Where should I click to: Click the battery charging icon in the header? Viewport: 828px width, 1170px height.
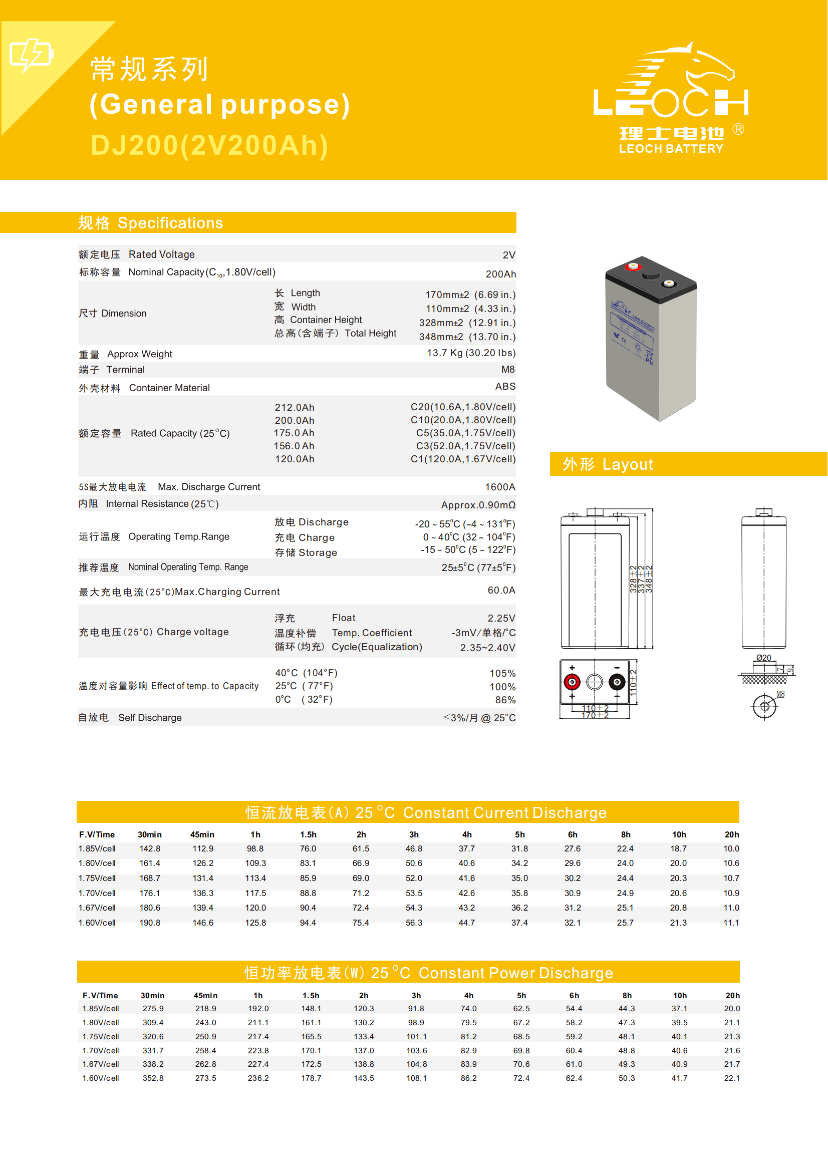31,55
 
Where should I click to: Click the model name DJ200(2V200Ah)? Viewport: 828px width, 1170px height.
209,145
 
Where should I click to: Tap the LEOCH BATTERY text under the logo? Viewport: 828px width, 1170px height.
671,149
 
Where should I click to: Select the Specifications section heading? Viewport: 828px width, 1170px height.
150,223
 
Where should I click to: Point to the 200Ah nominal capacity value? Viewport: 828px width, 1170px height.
501,274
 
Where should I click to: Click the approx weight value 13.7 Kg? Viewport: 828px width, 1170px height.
471,353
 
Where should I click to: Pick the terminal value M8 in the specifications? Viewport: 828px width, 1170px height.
508,370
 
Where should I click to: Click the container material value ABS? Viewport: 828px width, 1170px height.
505,387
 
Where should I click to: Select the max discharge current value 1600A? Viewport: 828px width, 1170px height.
500,487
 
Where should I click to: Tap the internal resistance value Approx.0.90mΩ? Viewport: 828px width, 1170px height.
478,505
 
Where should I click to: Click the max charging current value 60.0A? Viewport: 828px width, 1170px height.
501,591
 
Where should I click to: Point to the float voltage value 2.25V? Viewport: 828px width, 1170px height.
501,619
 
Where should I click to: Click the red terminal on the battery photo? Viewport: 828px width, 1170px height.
633,266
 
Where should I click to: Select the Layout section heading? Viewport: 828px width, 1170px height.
608,464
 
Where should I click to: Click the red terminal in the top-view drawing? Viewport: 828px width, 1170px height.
572,682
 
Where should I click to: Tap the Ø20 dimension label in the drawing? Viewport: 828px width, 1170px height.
763,658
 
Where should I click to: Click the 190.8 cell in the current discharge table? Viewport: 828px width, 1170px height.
150,923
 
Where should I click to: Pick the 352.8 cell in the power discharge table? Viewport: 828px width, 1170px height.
153,1078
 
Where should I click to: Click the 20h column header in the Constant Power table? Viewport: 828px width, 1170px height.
733,996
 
